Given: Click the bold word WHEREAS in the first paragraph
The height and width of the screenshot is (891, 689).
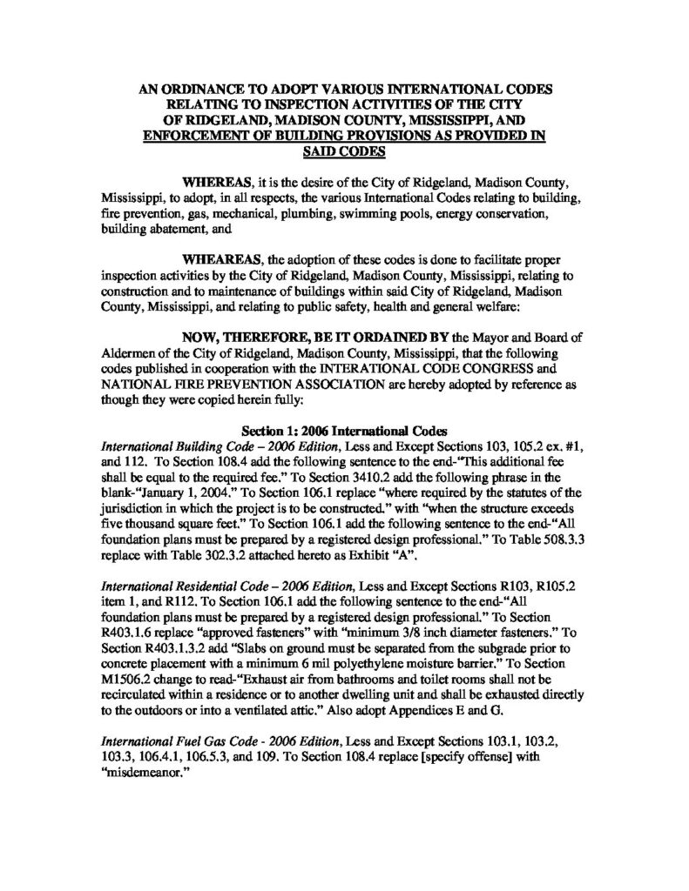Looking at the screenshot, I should click(x=213, y=184).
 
